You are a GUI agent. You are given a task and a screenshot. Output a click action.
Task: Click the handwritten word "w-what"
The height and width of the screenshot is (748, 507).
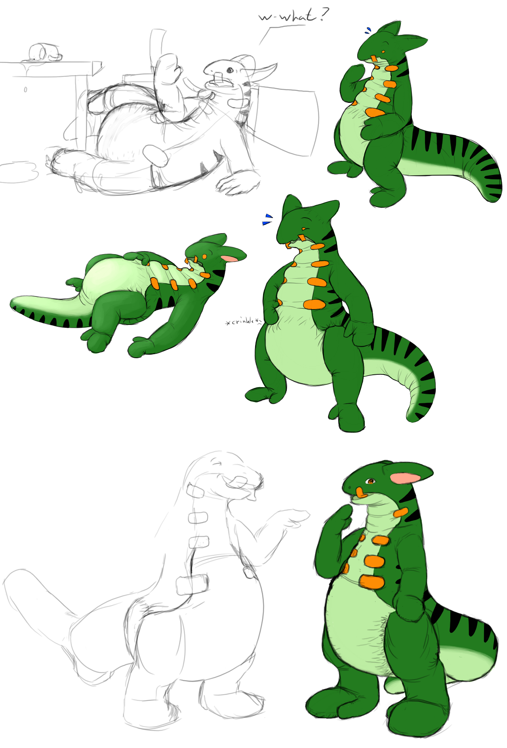coord(287,17)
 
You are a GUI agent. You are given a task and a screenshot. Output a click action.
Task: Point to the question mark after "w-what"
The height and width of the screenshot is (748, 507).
coord(324,14)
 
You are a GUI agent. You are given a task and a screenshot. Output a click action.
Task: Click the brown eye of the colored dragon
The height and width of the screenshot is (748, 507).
coord(371,481)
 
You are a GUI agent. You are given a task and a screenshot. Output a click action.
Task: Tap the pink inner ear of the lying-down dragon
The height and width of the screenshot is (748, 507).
coord(231,258)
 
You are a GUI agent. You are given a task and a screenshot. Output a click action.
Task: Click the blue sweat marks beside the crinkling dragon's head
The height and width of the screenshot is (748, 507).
coord(268,219)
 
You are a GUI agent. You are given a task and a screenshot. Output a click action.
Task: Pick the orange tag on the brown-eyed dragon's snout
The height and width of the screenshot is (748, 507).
coord(361,493)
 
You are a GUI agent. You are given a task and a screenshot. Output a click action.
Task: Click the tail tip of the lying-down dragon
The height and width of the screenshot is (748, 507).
coord(15,303)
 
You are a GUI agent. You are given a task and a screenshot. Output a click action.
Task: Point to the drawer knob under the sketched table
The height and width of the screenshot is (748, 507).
coord(25,90)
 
